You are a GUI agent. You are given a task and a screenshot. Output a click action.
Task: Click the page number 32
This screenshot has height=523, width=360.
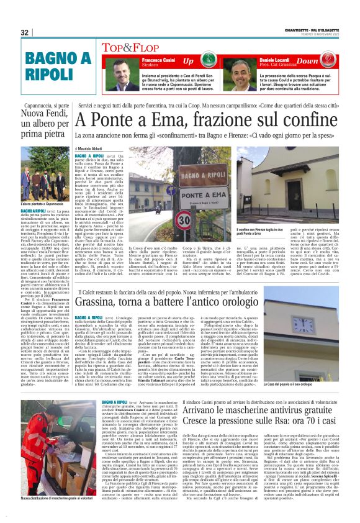(x=25, y=33)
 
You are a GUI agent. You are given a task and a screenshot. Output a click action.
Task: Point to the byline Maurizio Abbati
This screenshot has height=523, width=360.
(x=91, y=149)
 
